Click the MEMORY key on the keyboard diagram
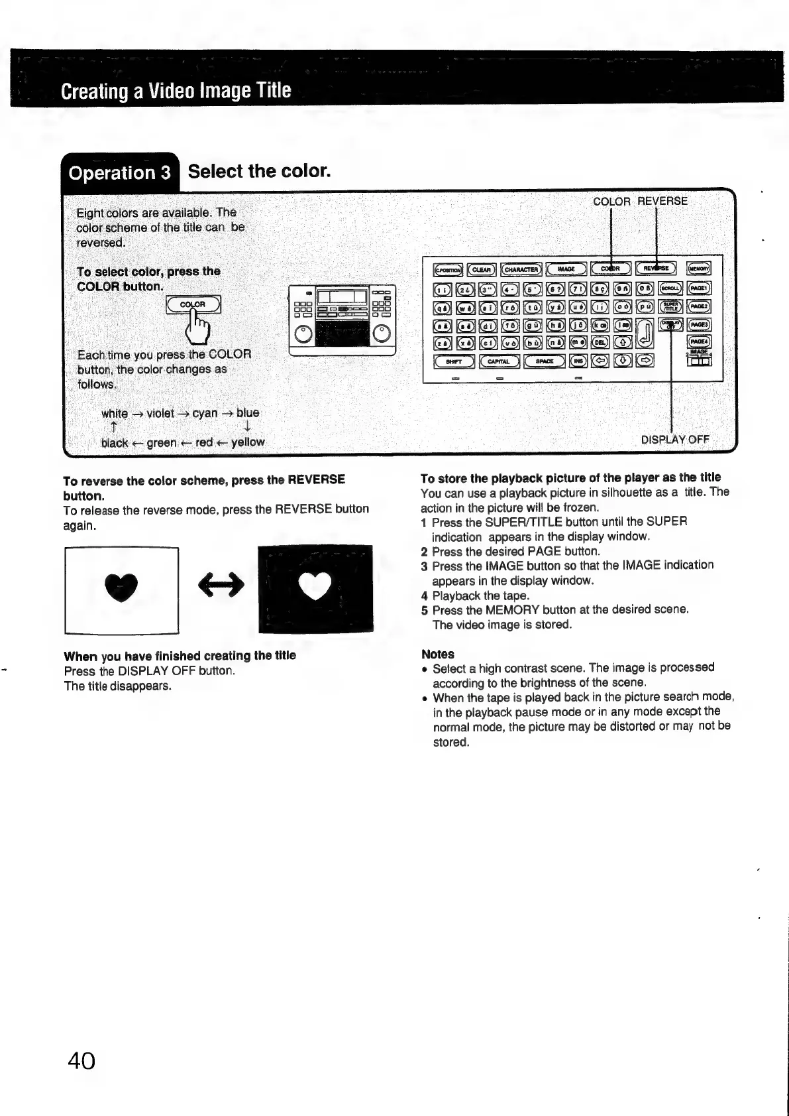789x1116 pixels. tap(699, 269)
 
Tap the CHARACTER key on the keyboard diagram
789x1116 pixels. tap(522, 269)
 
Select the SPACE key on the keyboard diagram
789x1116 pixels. tap(545, 361)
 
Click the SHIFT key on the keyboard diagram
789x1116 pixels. tap(454, 361)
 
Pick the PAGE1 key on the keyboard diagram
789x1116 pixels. tap(699, 288)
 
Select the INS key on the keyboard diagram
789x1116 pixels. tap(578, 361)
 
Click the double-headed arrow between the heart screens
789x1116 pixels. tap(221, 584)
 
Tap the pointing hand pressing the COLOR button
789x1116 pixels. tap(197, 324)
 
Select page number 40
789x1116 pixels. tap(81, 1061)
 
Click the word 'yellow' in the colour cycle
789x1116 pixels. tap(248, 442)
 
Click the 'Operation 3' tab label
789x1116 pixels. tap(120, 173)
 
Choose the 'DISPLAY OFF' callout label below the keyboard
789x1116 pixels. tap(675, 440)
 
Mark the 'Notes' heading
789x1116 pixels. tap(437, 654)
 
